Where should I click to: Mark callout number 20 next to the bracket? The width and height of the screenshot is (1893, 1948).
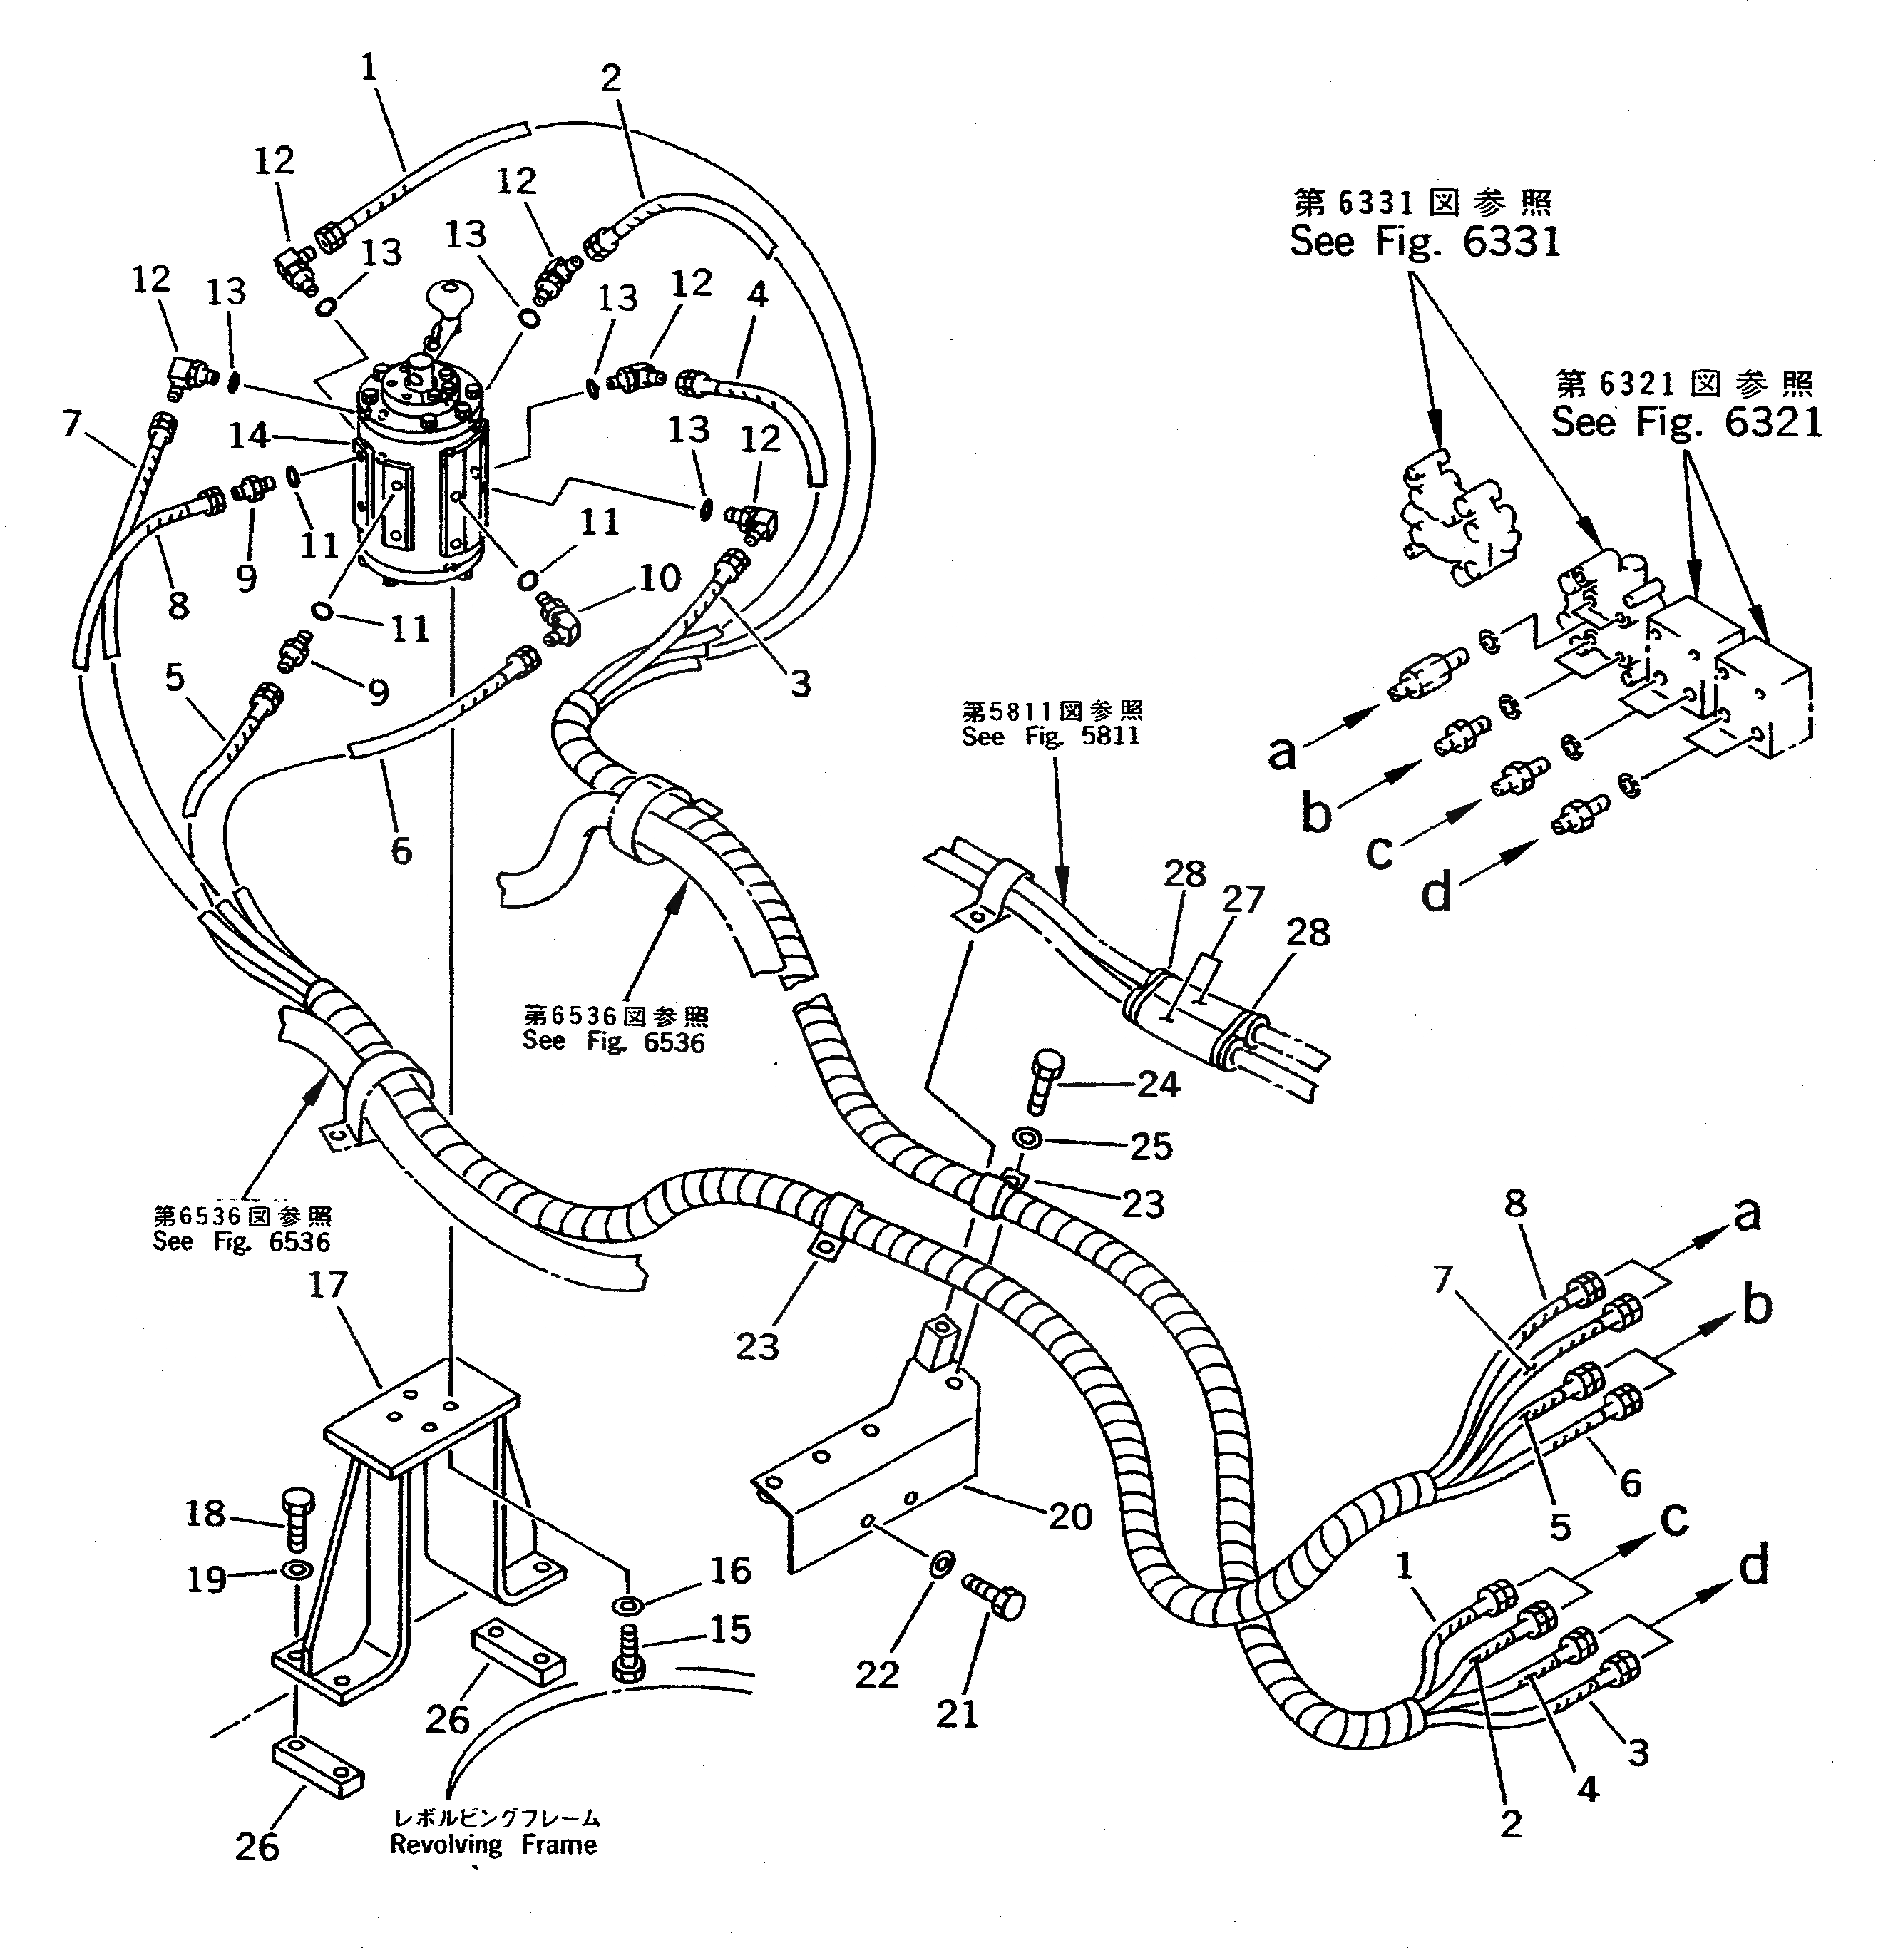(1069, 1517)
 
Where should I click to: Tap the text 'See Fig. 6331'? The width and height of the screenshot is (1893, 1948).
(1424, 242)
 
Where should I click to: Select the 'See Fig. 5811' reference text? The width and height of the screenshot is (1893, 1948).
(1050, 736)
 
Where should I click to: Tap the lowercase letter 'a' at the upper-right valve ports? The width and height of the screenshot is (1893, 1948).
(1281, 753)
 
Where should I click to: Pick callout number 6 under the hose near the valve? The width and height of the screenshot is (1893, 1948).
(401, 851)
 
